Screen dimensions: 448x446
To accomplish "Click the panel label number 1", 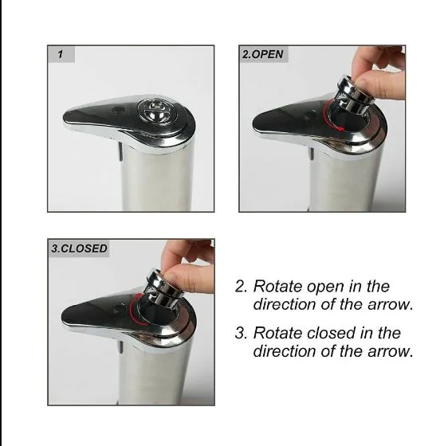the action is coord(60,54).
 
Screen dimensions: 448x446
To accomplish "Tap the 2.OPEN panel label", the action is coord(262,54).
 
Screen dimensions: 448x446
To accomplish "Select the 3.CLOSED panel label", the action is coord(79,248).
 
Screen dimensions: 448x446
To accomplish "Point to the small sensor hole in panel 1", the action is coord(119,110).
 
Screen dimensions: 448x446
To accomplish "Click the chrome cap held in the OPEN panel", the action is coord(352,93).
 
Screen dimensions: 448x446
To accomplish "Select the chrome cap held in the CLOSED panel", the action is coord(163,287).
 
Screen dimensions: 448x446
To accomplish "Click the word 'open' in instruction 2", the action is coord(325,287).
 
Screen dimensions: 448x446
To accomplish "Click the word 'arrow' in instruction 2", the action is coord(388,305).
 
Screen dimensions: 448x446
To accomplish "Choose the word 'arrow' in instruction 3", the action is coord(388,352).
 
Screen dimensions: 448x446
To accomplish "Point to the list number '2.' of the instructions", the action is coord(242,287).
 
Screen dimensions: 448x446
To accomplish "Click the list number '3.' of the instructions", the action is coord(242,333).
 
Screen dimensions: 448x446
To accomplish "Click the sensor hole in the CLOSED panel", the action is coord(118,309).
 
